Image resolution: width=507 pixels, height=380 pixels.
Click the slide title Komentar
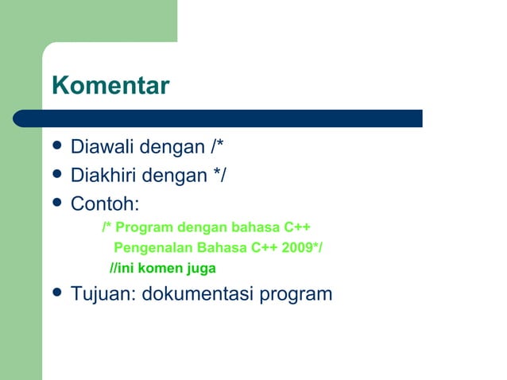110,86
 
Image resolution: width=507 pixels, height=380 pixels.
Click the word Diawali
103,148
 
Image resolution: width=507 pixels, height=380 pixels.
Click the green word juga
200,268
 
